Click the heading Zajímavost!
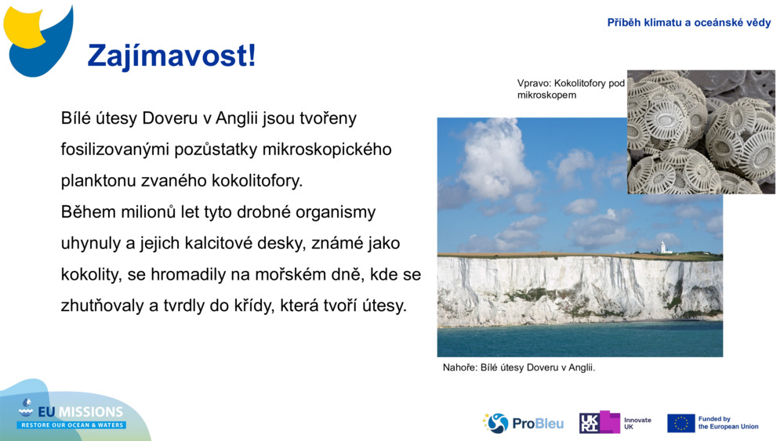click(x=171, y=56)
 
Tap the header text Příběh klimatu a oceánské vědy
click(x=688, y=23)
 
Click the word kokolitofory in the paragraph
click(x=256, y=181)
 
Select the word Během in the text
click(x=86, y=212)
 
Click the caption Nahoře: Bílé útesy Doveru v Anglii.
click(x=519, y=367)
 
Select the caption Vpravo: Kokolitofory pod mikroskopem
click(x=570, y=89)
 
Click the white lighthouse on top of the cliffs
click(x=662, y=248)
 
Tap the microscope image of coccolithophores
click(x=701, y=132)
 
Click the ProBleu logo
click(x=523, y=423)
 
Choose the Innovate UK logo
click(x=615, y=423)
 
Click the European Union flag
click(x=681, y=423)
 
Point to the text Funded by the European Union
click(x=728, y=423)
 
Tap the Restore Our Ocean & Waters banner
click(x=72, y=425)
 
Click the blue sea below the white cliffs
click(x=580, y=338)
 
